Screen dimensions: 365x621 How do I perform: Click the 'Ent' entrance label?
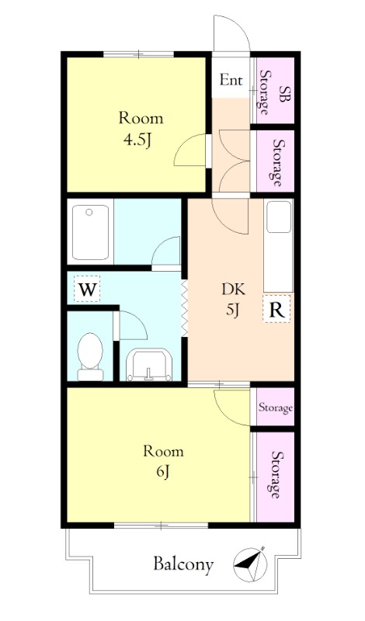point(231,81)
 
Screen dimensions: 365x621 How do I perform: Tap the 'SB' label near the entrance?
point(283,94)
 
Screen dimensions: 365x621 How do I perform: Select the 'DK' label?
point(234,289)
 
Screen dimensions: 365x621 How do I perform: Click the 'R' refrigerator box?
point(276,308)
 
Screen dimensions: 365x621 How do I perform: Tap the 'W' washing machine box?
point(87,289)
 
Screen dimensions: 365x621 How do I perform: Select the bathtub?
point(90,231)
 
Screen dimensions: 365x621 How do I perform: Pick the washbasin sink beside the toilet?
point(149,365)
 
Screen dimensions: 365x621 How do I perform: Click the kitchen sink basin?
point(278,217)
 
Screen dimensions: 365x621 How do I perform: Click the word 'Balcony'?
point(183,564)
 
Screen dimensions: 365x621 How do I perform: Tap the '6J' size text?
point(163,471)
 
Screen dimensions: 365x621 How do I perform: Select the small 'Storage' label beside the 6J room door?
point(276,408)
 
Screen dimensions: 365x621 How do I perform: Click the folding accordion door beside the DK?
point(184,308)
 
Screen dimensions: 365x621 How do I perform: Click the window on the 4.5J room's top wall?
point(138,54)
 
